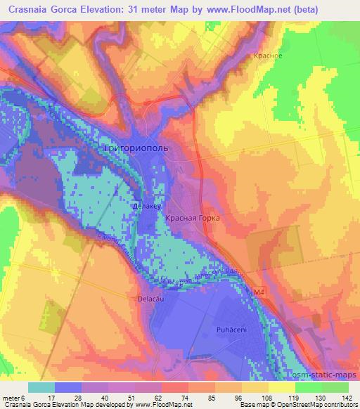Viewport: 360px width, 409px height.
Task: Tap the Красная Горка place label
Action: click(193, 219)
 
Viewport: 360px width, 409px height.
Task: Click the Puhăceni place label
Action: click(230, 328)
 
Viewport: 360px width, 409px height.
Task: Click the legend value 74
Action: click(166, 396)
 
